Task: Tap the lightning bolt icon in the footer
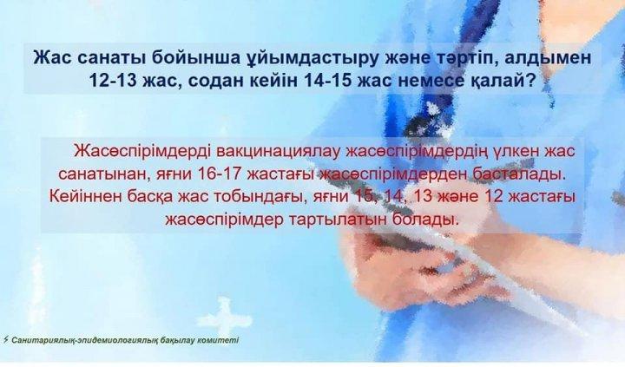point(5,340)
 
